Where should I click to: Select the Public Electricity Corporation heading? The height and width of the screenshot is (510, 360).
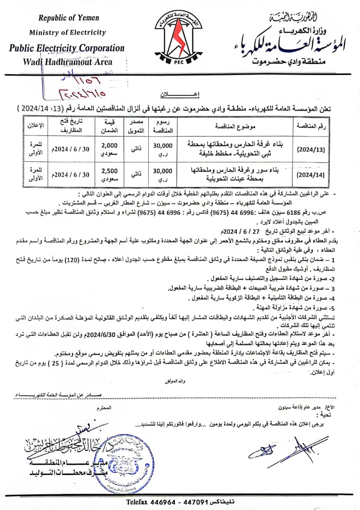67,48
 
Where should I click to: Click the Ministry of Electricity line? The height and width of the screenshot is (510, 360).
68,33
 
